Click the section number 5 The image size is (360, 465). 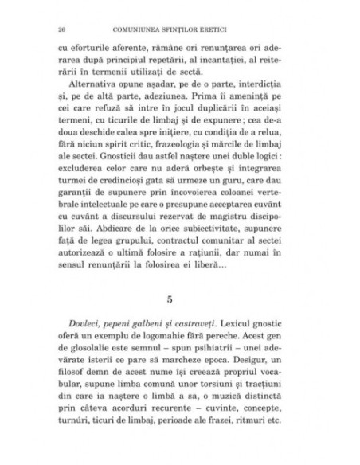pyautogui.click(x=180, y=300)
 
